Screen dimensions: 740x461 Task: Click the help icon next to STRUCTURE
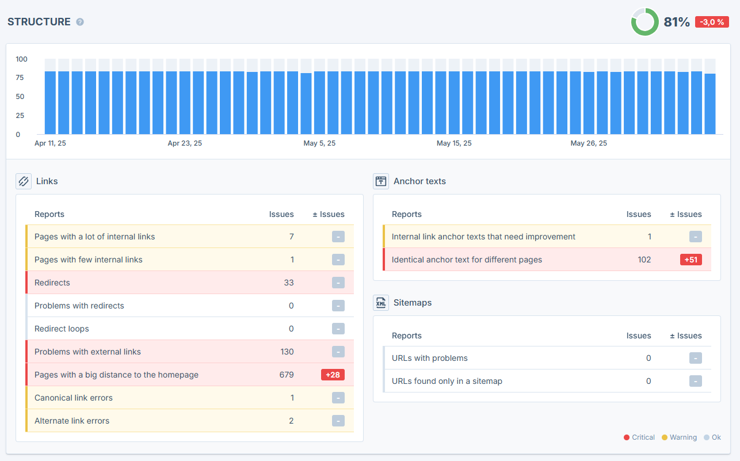click(80, 22)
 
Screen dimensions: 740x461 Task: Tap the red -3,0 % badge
click(712, 22)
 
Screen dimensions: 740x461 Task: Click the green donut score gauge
click(644, 22)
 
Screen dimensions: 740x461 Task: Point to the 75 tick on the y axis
click(20, 78)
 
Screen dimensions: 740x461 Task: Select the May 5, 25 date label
click(319, 143)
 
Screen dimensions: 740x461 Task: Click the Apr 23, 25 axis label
click(185, 143)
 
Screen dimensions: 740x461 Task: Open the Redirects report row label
click(52, 283)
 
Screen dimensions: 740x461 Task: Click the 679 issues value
click(287, 375)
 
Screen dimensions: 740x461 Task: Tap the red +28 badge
click(333, 375)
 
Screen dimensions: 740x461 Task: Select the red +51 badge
click(691, 260)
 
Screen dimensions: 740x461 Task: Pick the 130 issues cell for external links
click(287, 352)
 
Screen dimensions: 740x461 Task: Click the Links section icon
click(24, 181)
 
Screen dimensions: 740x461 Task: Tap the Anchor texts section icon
click(381, 181)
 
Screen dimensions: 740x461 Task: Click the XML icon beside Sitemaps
click(381, 303)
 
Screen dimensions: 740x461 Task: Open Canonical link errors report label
click(73, 398)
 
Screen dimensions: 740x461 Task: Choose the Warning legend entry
click(679, 437)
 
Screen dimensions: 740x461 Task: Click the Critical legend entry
click(639, 437)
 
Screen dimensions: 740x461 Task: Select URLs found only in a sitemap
click(447, 381)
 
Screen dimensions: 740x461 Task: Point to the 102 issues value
click(644, 260)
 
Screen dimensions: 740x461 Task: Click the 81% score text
click(677, 22)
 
